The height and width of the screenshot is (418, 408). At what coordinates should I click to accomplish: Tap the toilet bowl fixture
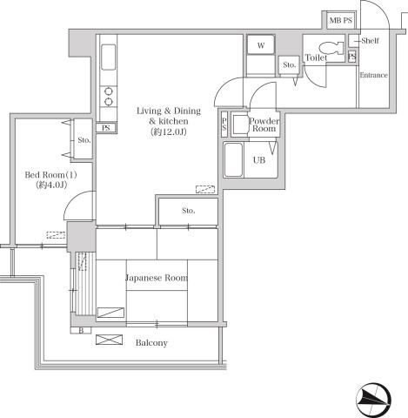[x=329, y=51]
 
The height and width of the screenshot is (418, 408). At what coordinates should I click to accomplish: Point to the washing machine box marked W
[x=259, y=46]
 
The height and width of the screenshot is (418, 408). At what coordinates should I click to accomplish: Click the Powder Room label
[x=263, y=125]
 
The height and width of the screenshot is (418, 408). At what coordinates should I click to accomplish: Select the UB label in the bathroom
[x=259, y=160]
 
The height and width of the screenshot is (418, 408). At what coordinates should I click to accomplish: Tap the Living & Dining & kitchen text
[x=169, y=116]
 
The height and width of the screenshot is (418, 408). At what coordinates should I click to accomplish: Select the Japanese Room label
[x=157, y=279]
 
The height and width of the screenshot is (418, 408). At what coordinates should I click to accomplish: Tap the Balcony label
[x=151, y=342]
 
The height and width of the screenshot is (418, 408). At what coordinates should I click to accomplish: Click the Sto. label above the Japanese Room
[x=189, y=211]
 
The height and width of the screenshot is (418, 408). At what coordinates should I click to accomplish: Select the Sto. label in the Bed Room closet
[x=84, y=139]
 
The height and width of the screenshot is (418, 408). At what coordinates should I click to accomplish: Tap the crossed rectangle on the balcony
[x=109, y=340]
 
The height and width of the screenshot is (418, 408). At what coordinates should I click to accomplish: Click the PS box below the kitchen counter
[x=108, y=128]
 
